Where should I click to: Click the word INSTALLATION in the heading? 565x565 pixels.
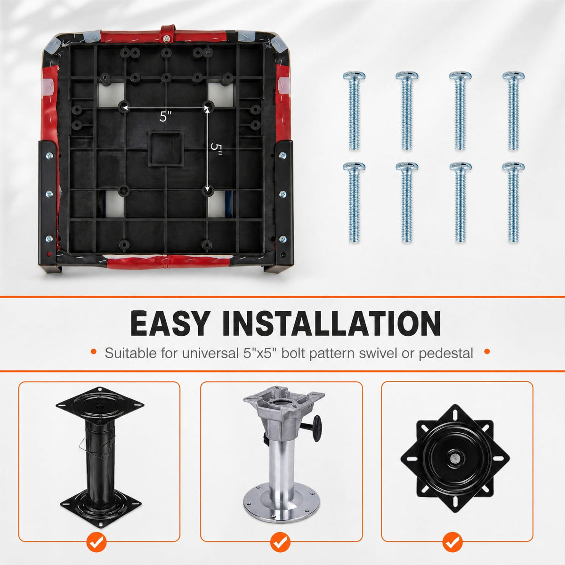(331, 323)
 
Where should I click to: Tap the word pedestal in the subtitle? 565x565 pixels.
(446, 353)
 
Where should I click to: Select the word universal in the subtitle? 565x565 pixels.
(210, 353)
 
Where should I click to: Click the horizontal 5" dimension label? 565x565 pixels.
(165, 117)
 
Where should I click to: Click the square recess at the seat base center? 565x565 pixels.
(166, 149)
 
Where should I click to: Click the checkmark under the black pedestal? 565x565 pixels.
(97, 542)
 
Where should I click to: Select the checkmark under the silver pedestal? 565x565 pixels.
(280, 542)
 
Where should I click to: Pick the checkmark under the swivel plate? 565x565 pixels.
(452, 542)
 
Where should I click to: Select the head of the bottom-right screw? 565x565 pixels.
(513, 167)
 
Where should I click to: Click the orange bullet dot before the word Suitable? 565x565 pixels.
(94, 352)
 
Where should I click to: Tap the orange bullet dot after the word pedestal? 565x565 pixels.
(487, 352)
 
